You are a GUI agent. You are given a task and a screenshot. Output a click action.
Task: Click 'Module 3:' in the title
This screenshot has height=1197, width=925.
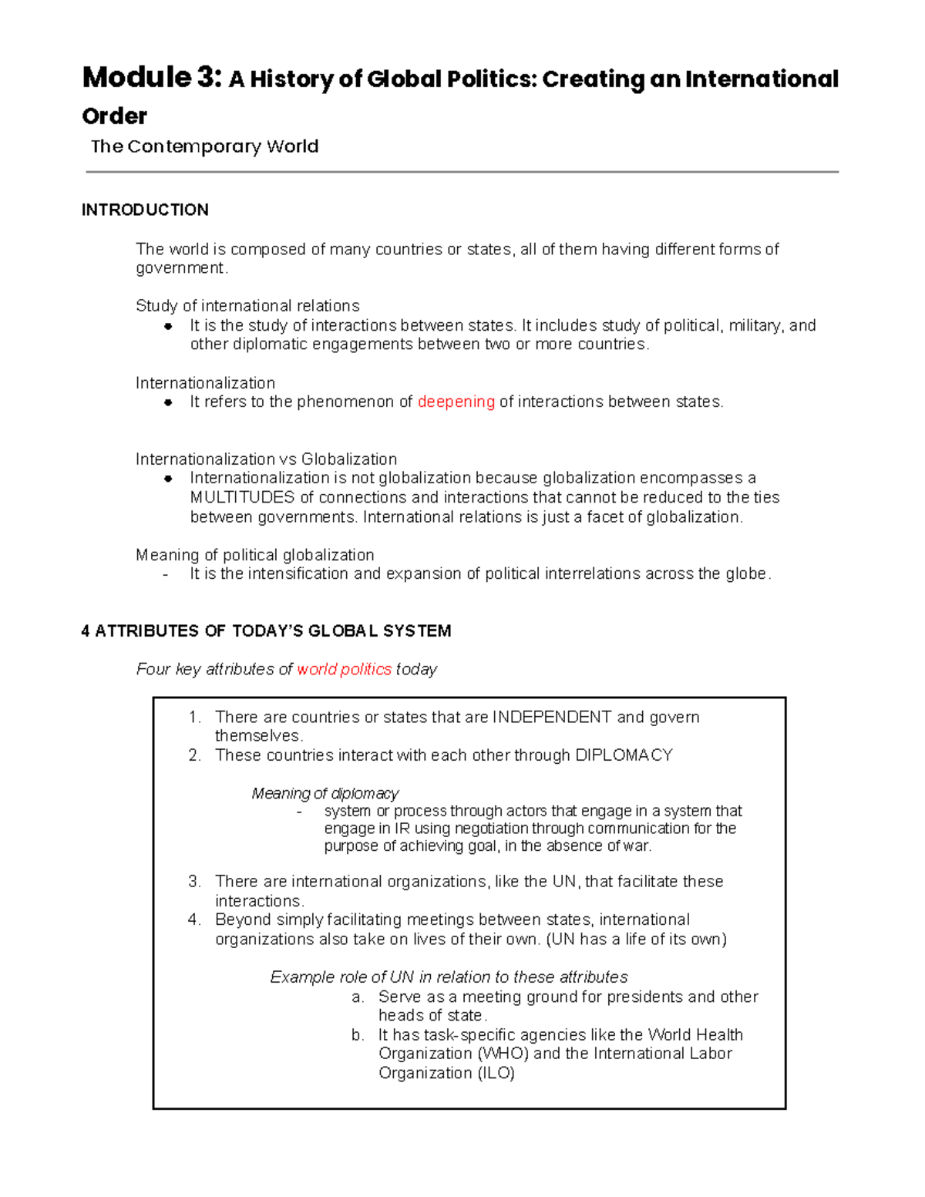tap(152, 78)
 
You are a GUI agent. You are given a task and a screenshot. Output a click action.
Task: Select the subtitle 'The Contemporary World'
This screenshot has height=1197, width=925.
tap(204, 146)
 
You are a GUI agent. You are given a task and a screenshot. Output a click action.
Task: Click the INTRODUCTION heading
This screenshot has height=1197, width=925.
tap(145, 210)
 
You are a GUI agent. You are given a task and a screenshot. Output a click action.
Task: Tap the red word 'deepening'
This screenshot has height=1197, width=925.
tap(456, 402)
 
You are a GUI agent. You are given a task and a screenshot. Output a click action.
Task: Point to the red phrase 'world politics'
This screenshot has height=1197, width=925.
tap(344, 669)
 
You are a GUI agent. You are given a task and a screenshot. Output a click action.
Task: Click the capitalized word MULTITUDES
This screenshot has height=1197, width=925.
tap(242, 497)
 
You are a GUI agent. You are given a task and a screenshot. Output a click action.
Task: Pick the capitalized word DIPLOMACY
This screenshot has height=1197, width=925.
tap(624, 755)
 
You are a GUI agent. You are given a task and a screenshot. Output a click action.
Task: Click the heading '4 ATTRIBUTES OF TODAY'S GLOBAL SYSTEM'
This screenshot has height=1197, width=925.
tap(266, 630)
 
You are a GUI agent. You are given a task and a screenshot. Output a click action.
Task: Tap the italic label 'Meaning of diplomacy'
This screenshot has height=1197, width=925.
tap(325, 793)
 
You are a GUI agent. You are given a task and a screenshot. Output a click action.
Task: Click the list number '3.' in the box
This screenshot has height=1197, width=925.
tap(194, 881)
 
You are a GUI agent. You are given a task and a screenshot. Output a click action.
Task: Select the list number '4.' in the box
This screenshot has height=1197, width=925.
tap(194, 920)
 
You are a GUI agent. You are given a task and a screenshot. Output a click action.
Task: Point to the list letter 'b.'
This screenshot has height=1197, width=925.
tap(357, 1034)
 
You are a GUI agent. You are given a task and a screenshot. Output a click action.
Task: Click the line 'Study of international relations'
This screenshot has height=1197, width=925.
tap(247, 306)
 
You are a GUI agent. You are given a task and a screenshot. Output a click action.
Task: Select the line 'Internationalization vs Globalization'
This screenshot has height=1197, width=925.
tap(266, 459)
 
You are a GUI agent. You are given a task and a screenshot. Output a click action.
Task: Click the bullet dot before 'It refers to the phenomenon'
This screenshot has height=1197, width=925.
tap(167, 402)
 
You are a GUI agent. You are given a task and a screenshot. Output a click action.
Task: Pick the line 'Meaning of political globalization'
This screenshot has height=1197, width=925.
tap(254, 555)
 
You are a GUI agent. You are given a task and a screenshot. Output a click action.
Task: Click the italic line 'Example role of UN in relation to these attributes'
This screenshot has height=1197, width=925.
tap(449, 977)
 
